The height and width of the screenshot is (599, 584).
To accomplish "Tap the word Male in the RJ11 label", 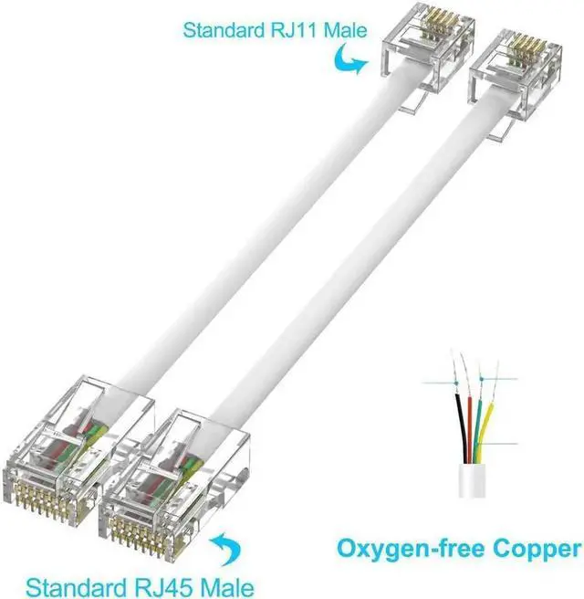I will pos(341,30).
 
